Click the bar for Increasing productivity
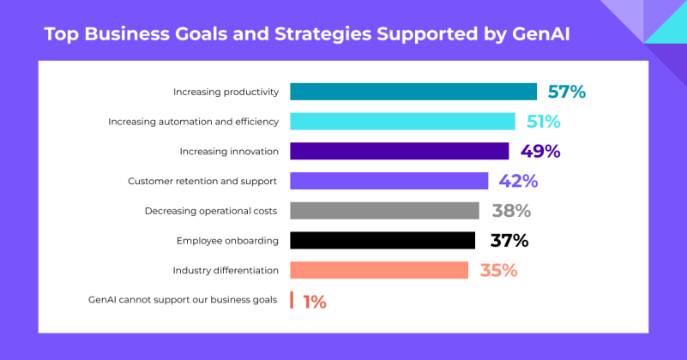(x=413, y=92)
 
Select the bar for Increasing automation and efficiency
(x=402, y=122)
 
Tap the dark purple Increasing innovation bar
(x=399, y=151)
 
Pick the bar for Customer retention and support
(x=389, y=181)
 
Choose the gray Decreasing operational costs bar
(x=384, y=211)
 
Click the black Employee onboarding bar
(x=383, y=241)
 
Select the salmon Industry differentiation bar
(x=379, y=270)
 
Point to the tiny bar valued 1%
(x=292, y=300)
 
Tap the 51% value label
(x=543, y=122)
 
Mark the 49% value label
(x=540, y=152)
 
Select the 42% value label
(x=518, y=181)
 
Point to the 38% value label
(x=511, y=211)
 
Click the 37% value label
(x=509, y=241)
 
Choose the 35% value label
(x=498, y=271)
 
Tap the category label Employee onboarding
(x=227, y=241)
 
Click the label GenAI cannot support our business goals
(x=183, y=300)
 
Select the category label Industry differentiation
(x=226, y=271)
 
